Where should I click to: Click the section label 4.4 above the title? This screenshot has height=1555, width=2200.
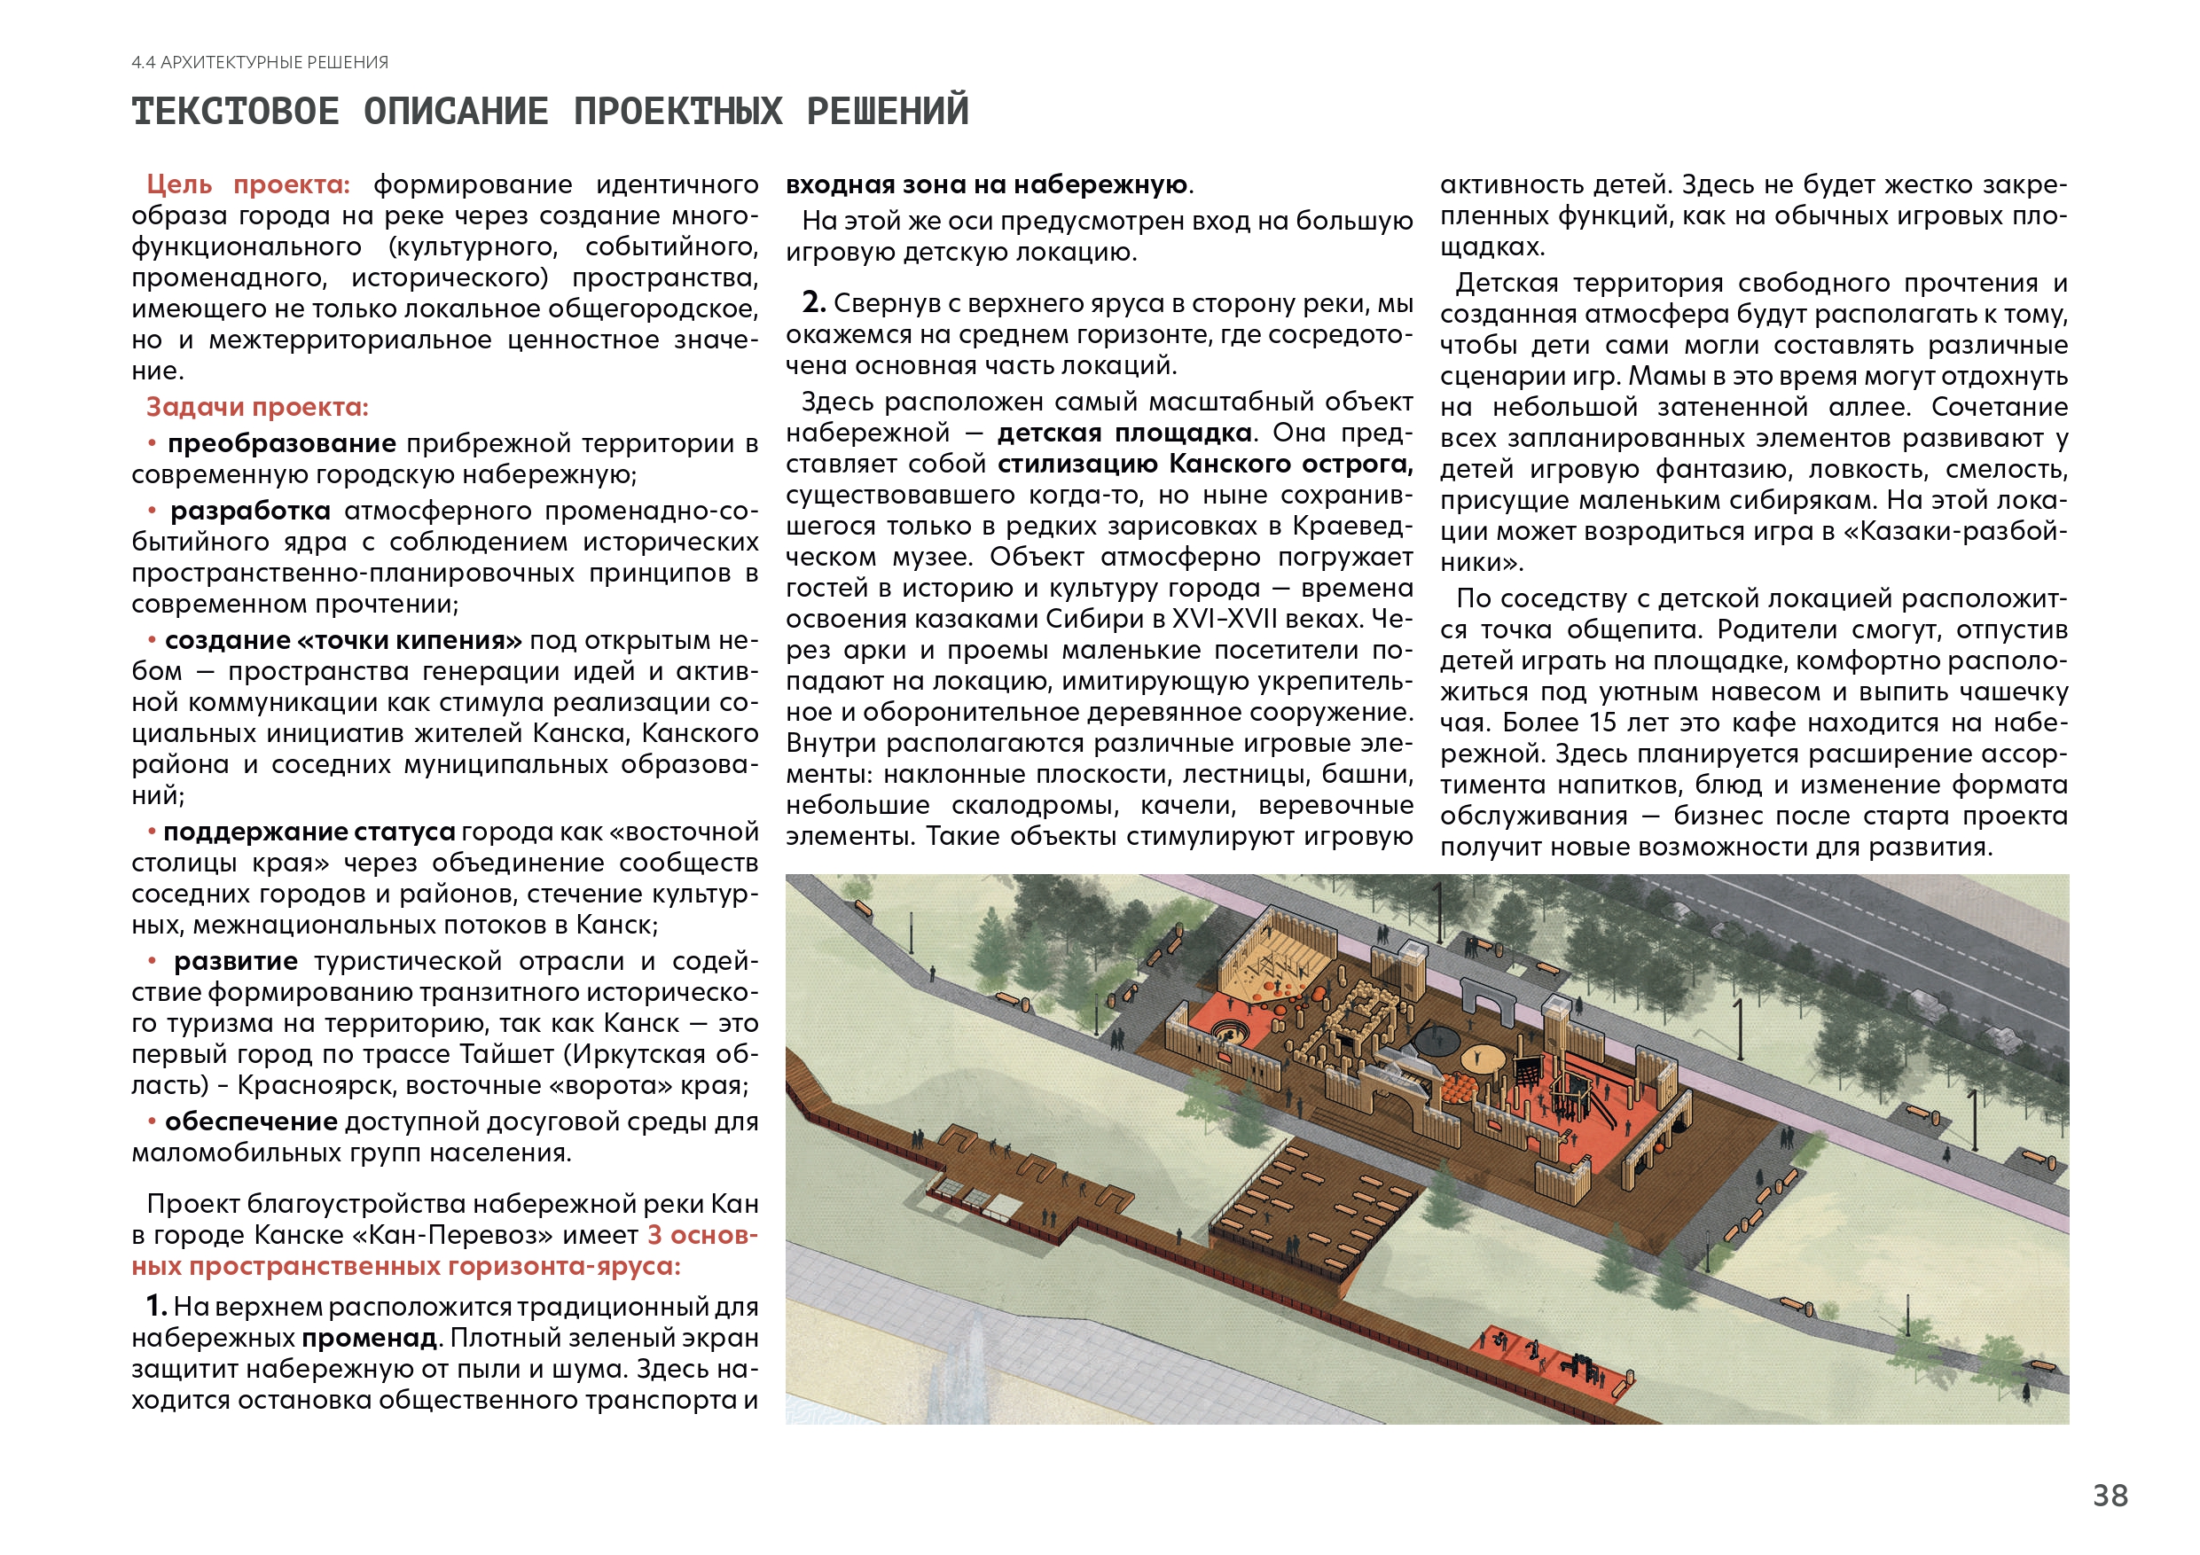[x=144, y=63]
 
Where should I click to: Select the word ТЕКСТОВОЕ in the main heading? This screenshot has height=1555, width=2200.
[x=236, y=112]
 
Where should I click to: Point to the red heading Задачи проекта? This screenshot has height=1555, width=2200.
[x=257, y=407]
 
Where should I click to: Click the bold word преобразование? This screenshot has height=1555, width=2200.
[x=282, y=443]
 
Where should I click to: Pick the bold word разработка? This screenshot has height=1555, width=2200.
[x=250, y=511]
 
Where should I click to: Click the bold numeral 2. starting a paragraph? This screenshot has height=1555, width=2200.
[x=813, y=303]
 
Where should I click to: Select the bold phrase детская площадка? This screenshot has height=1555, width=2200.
[x=1124, y=433]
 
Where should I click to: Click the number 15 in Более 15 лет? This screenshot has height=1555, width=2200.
[x=1603, y=723]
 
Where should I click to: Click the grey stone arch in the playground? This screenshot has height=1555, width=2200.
[x=1487, y=996]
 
